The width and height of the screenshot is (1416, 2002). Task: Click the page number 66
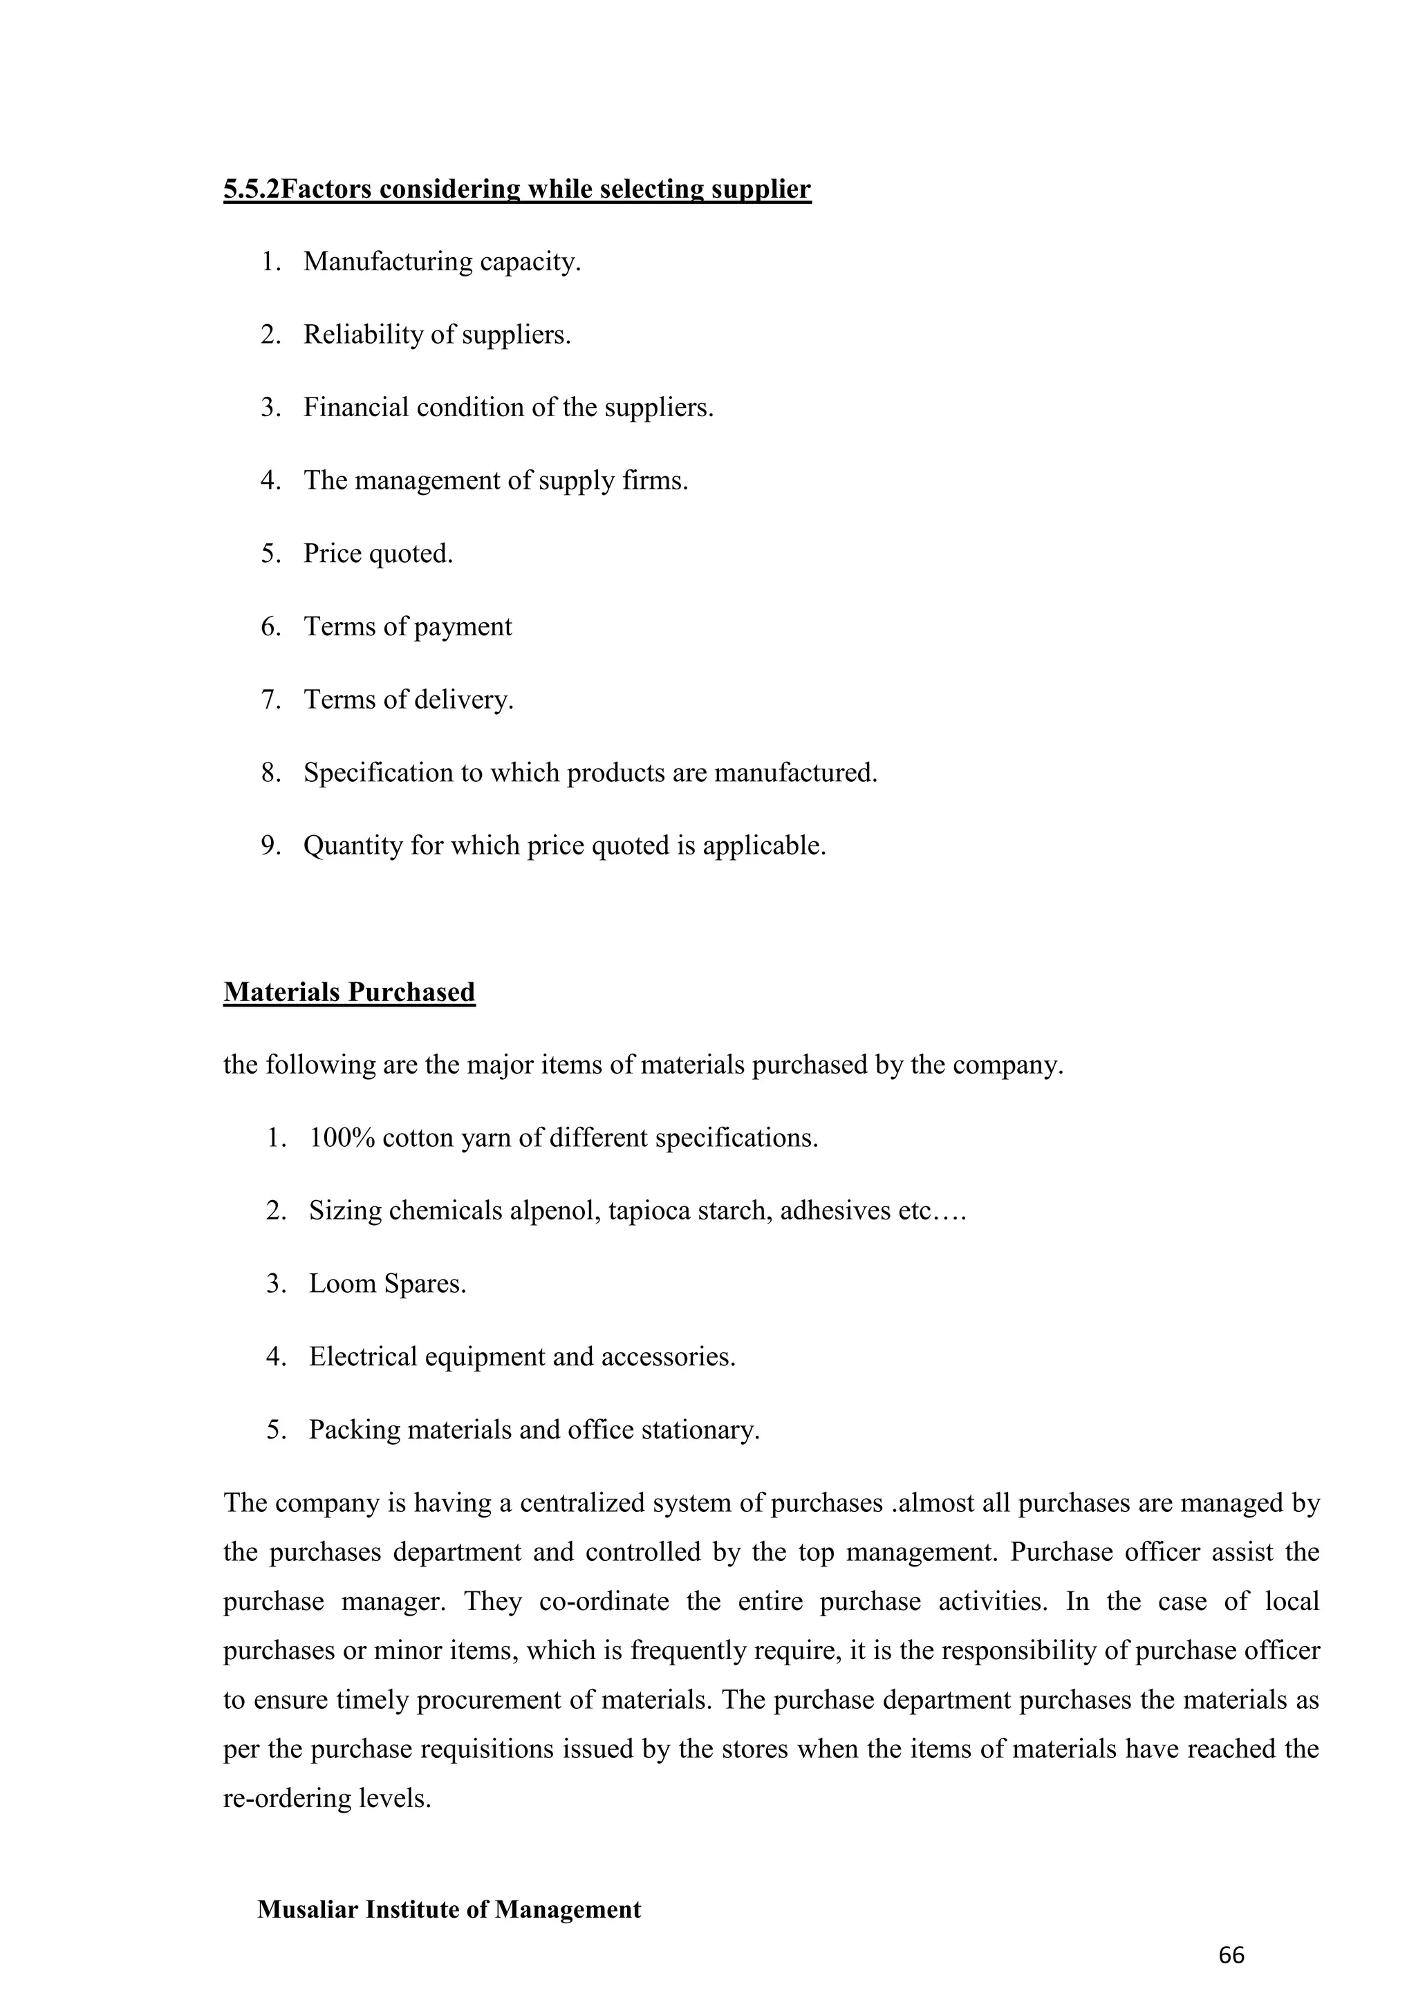(1231, 1956)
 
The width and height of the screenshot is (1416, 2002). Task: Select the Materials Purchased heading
(348, 992)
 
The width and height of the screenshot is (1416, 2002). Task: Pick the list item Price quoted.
(378, 554)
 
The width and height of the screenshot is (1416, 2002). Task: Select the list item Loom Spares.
(387, 1284)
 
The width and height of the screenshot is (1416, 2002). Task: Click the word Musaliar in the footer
(307, 1909)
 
